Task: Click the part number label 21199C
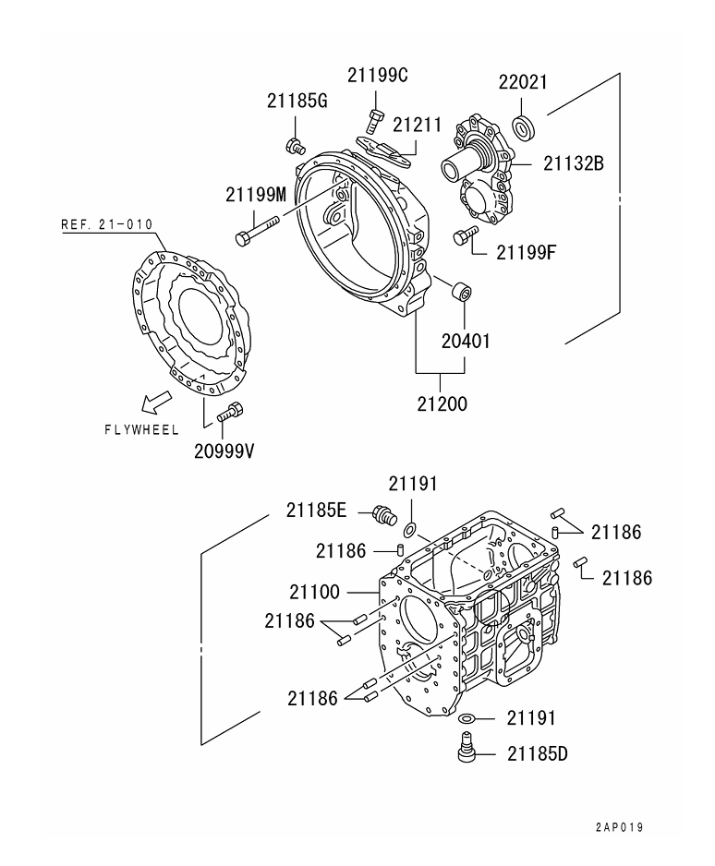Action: pyautogui.click(x=378, y=76)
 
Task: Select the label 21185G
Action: pyautogui.click(x=297, y=101)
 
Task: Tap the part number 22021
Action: pyautogui.click(x=524, y=82)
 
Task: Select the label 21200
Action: pyautogui.click(x=441, y=403)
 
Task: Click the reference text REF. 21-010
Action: pyautogui.click(x=107, y=224)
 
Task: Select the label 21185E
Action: pyautogui.click(x=317, y=509)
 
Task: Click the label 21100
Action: pyautogui.click(x=314, y=592)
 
